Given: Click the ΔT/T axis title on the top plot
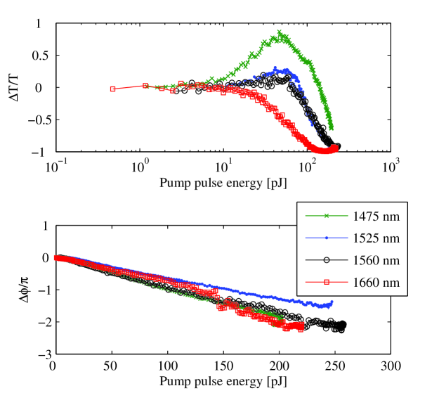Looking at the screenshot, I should point(15,87).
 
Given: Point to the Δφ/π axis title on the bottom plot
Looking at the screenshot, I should point(15,289).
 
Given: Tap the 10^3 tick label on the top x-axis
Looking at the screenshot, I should point(391,167).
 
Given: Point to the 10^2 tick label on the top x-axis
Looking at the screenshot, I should point(308,167).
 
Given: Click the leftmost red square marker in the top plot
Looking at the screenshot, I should point(113,89).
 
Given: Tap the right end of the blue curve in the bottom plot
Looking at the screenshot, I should point(332,302).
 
